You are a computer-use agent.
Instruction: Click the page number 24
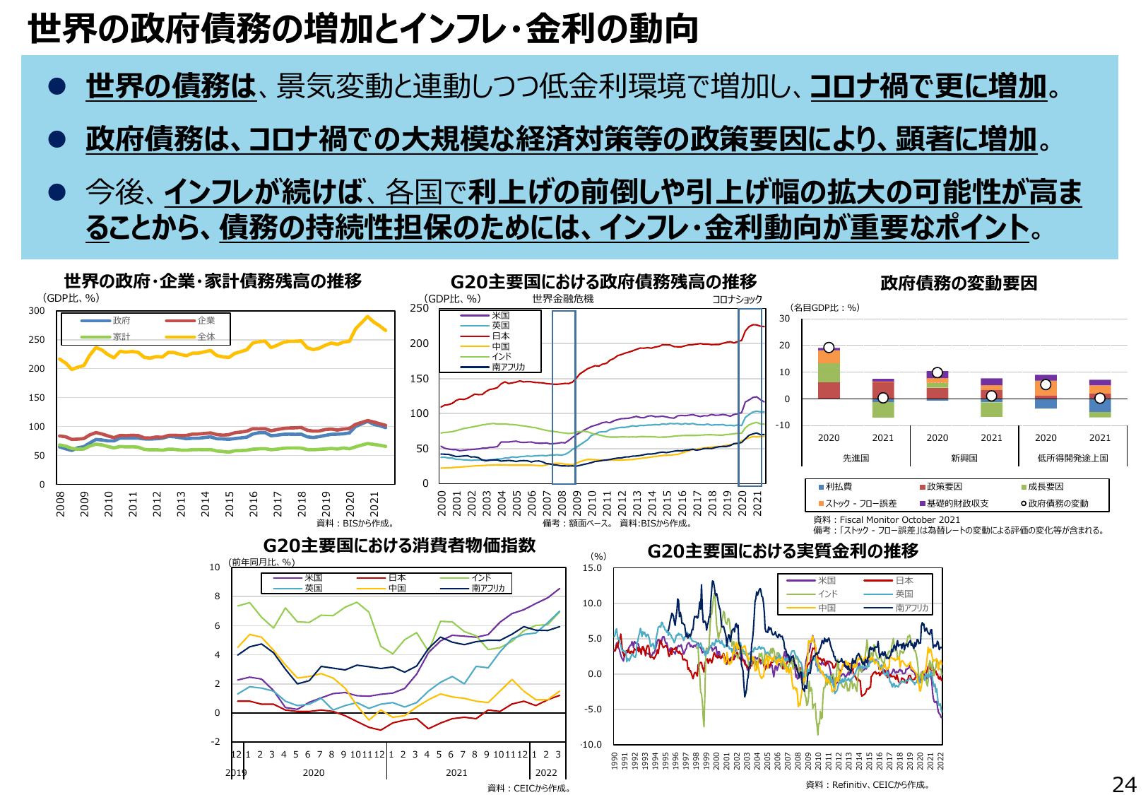click(1124, 784)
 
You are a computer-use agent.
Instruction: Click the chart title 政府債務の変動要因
click(959, 283)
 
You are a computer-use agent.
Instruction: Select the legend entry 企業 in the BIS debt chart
click(206, 321)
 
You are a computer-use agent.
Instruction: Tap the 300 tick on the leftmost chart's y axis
click(37, 311)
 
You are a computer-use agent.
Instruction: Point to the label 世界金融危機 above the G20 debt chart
click(563, 299)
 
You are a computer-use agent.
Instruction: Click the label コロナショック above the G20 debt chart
click(737, 300)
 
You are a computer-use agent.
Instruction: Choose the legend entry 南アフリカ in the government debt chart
click(508, 367)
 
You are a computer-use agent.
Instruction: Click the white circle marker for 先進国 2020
click(829, 348)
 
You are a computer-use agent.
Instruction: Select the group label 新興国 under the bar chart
click(964, 458)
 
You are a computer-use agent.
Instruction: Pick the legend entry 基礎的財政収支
click(957, 503)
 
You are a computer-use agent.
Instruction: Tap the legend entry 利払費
click(839, 486)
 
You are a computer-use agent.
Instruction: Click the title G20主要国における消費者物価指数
click(399, 546)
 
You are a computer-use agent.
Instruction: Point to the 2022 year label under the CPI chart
click(546, 772)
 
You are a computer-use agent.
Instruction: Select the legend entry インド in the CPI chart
click(481, 578)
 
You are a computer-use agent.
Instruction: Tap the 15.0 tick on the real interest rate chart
click(592, 568)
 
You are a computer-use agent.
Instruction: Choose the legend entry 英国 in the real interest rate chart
click(904, 594)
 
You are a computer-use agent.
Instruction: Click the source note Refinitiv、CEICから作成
click(868, 784)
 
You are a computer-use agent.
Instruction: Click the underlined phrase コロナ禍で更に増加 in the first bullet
click(928, 86)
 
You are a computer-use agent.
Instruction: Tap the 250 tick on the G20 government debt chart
click(420, 308)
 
